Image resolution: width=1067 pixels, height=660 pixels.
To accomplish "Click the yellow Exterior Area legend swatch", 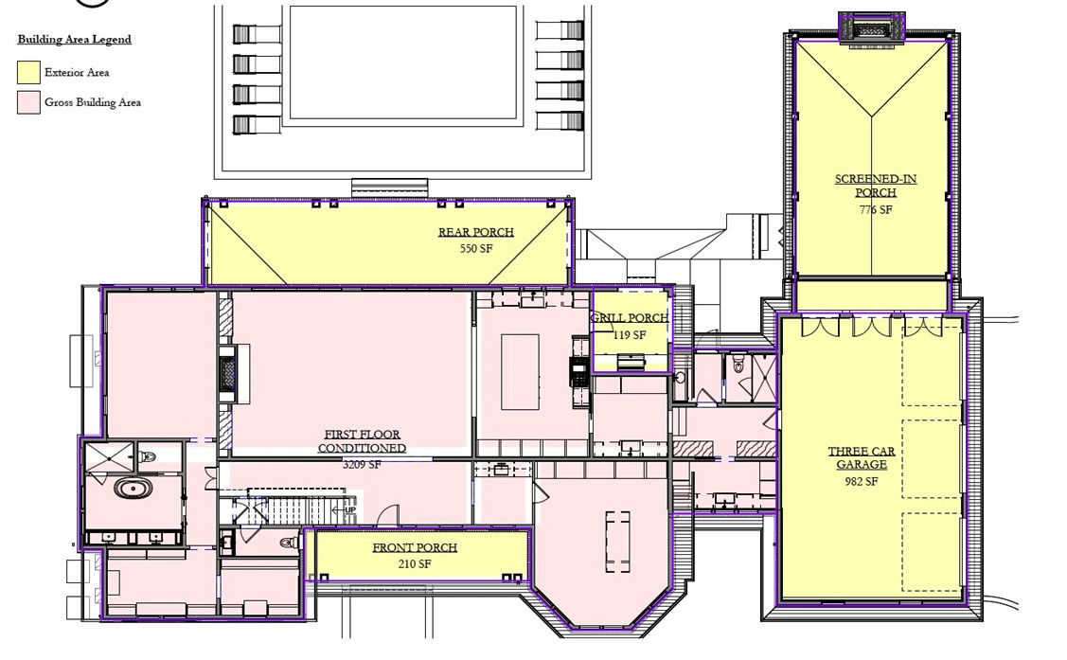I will tap(28, 72).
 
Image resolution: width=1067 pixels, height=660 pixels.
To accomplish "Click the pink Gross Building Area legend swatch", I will tap(28, 102).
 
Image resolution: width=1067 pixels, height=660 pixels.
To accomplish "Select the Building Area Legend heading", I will tap(74, 40).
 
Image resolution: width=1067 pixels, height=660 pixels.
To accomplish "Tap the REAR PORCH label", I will tap(475, 232).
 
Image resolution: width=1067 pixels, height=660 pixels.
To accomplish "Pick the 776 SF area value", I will tap(875, 210).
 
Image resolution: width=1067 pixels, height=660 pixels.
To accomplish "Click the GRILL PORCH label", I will tap(630, 318).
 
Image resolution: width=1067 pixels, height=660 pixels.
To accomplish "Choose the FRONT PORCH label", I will tap(415, 547).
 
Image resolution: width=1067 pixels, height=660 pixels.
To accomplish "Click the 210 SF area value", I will tap(414, 564).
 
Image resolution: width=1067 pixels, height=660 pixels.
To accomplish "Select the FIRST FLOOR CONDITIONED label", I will tap(362, 441).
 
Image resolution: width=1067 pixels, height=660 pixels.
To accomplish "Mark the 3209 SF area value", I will tap(362, 465).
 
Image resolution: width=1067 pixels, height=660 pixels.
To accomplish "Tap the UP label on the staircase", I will tap(349, 509).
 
